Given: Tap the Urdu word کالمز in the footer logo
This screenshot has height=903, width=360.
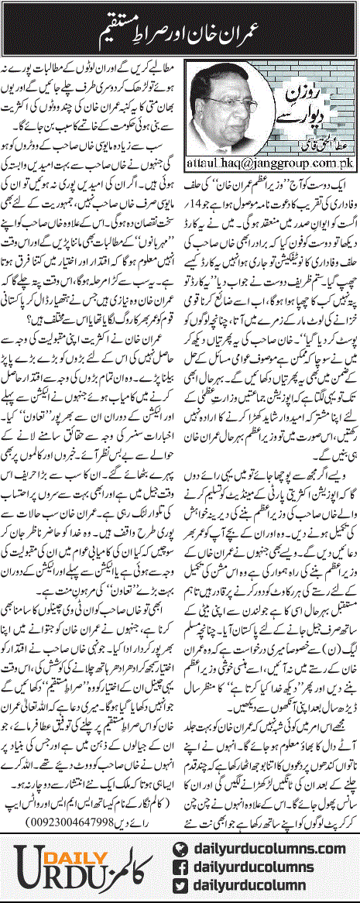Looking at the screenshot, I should pyautogui.click(x=124, y=864).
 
